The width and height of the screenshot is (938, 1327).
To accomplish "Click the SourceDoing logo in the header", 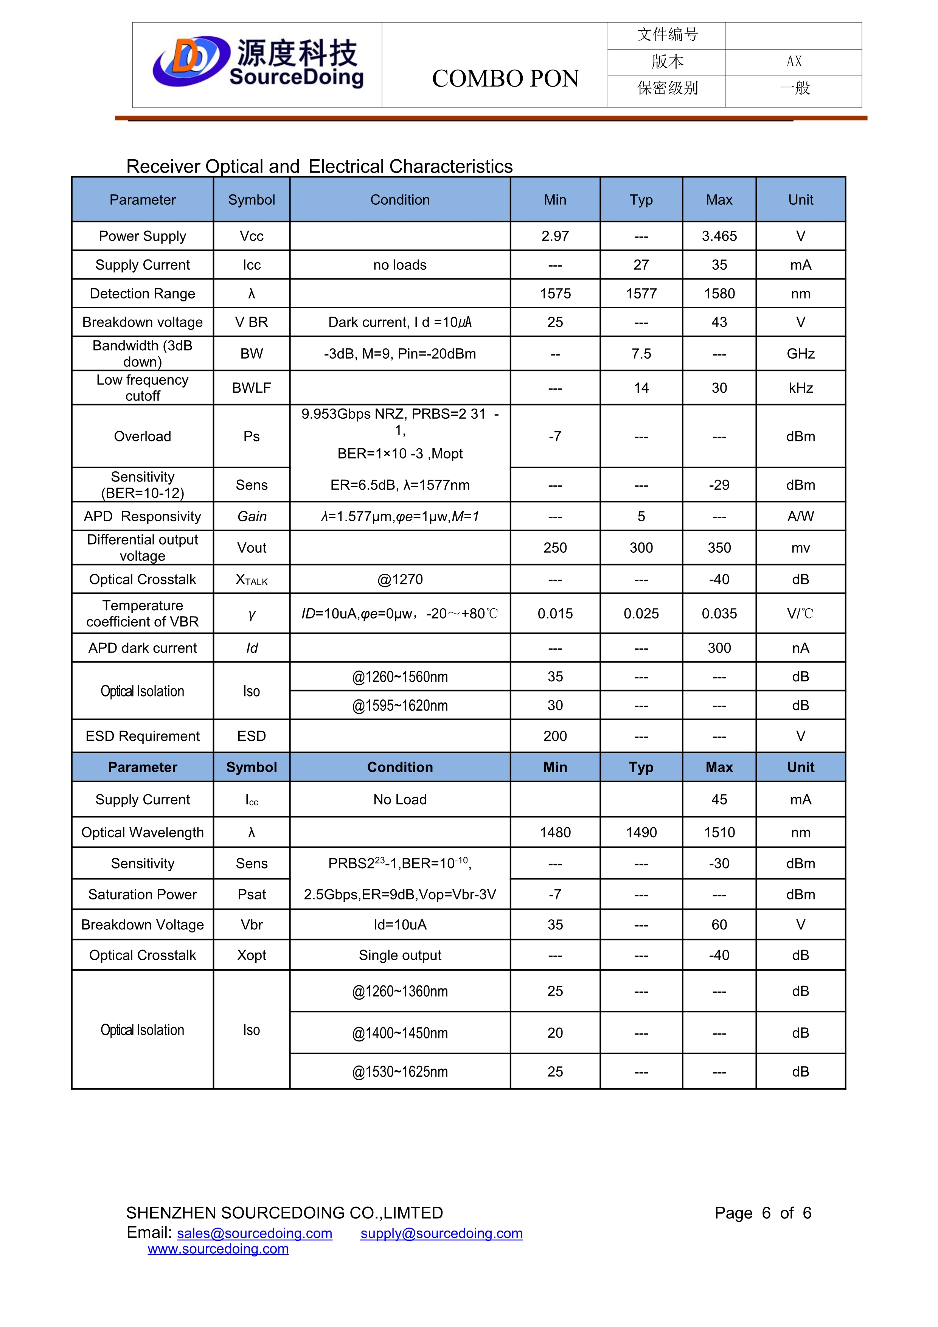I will point(258,64).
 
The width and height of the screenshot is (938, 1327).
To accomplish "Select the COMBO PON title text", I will point(505,79).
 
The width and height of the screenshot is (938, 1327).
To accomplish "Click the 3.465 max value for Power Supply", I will point(719,236).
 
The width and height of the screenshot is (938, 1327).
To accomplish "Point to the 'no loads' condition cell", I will point(400,265).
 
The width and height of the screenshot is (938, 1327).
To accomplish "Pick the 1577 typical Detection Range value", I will point(641,294).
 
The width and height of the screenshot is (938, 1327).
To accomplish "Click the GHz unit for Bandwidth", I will point(800,354).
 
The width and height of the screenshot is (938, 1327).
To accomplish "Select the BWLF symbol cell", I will point(252,388).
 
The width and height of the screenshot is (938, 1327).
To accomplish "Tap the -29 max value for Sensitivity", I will point(719,485).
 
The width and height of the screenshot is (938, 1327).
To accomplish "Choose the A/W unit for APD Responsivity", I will point(800,517).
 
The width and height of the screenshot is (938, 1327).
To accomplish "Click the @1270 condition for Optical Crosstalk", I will point(400,580).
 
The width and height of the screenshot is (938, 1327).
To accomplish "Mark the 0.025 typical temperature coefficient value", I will point(641,614).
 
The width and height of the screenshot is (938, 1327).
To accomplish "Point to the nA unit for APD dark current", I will point(800,648).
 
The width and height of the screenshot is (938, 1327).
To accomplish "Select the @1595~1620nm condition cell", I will point(400,706).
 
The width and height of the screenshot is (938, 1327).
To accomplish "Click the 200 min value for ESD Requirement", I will point(555,737).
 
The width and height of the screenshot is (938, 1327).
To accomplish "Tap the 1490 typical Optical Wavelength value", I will point(641,833).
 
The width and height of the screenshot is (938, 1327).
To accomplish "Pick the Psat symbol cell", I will point(252,895).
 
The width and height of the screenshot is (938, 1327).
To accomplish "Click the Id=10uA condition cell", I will point(400,925).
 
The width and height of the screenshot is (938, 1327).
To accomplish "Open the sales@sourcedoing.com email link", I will point(254,1233).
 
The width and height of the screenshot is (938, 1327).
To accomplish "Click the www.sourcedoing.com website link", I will point(218,1249).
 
